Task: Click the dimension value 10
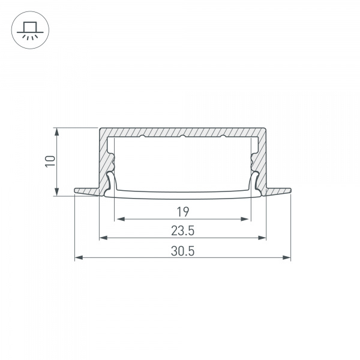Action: (50, 161)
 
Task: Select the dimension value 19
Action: (183, 212)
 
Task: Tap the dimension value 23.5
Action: (183, 231)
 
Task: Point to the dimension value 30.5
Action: (183, 251)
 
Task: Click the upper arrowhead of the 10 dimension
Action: (56, 131)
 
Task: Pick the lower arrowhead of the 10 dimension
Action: (56, 192)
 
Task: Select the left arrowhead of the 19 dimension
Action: (121, 219)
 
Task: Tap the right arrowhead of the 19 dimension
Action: (245, 219)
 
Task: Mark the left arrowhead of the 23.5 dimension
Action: (104, 238)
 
